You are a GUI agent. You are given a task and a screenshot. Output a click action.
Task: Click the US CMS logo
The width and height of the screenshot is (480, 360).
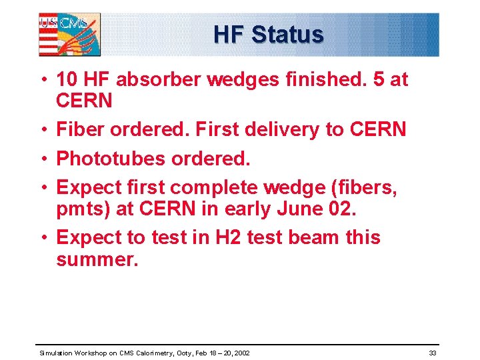(69, 34)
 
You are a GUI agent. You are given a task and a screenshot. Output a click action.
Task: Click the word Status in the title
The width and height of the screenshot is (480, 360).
(287, 35)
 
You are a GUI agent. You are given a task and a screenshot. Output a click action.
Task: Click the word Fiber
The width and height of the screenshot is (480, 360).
(79, 129)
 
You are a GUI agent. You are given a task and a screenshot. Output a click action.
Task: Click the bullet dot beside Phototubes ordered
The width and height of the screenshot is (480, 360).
(43, 159)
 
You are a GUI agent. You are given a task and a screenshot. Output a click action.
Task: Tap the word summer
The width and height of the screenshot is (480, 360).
(97, 259)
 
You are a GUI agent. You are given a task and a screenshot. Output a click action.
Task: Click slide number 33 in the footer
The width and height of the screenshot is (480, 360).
(433, 352)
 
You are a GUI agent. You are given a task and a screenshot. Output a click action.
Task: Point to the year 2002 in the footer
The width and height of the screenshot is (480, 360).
(241, 352)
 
